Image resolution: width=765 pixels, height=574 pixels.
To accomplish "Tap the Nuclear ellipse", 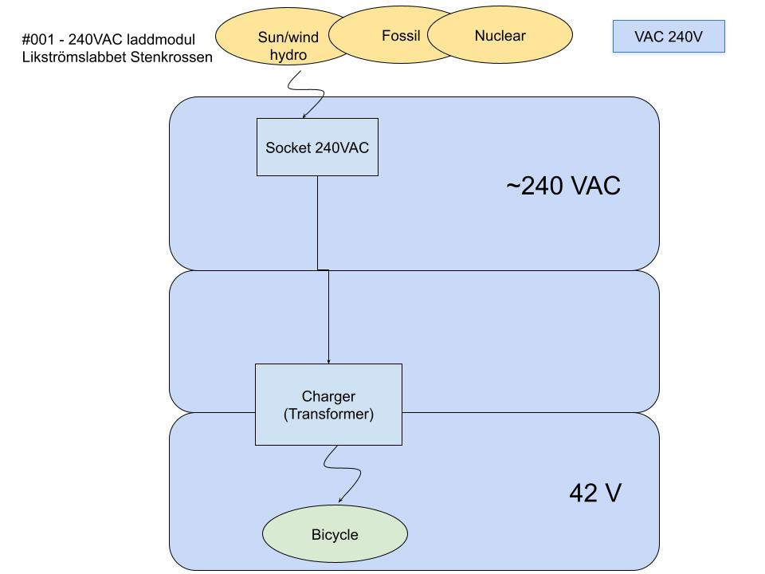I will click(500, 36).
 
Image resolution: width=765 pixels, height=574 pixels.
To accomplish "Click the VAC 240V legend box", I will click(669, 37).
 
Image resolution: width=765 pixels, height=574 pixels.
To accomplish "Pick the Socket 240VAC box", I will click(317, 147).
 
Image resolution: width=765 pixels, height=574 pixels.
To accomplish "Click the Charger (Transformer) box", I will click(328, 404).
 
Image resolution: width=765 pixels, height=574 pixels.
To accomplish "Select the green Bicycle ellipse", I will click(335, 534).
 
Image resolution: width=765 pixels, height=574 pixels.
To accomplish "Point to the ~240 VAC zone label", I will click(563, 186).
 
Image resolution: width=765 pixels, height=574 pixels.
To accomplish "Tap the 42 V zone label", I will click(594, 493).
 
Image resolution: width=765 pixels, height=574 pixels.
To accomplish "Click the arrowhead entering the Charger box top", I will click(328, 361).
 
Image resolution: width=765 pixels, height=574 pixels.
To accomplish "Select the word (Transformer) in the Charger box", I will click(328, 415).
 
